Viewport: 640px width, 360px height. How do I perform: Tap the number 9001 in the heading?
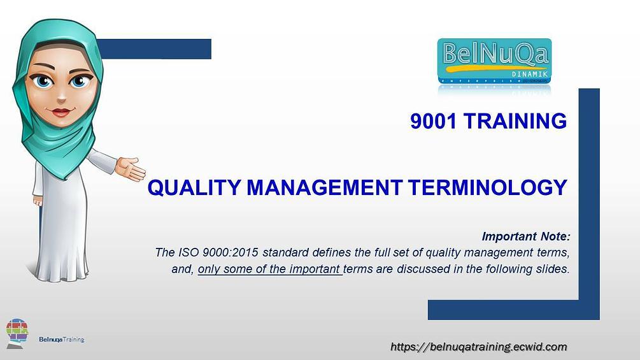click(434, 121)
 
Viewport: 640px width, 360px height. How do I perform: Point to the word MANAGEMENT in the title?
click(325, 188)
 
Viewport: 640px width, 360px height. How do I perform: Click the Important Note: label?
click(525, 237)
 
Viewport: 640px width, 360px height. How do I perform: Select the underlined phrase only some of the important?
click(269, 269)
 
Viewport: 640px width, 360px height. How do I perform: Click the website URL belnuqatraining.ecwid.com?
click(478, 347)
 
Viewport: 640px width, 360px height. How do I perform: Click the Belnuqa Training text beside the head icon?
click(61, 340)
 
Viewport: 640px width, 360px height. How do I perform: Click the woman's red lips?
click(61, 112)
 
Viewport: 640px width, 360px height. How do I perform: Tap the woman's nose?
click(63, 96)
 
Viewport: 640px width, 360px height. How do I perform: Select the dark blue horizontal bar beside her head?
click(155, 49)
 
